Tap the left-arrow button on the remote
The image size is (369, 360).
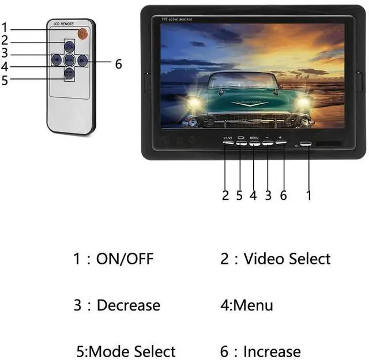57,59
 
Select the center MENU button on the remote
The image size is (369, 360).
69,59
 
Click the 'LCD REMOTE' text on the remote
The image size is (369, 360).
63,24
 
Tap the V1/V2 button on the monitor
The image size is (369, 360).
228,142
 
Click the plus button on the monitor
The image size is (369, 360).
280,142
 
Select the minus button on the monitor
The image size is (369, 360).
267,142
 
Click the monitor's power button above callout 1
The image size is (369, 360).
306,143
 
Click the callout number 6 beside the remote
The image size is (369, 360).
118,65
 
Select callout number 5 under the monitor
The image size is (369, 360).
239,195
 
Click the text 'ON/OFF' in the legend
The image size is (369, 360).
125,259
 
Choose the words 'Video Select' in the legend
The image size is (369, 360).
287,259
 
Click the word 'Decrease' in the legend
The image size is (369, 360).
129,305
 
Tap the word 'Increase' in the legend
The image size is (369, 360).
272,351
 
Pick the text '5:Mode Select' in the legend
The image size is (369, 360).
126,351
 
